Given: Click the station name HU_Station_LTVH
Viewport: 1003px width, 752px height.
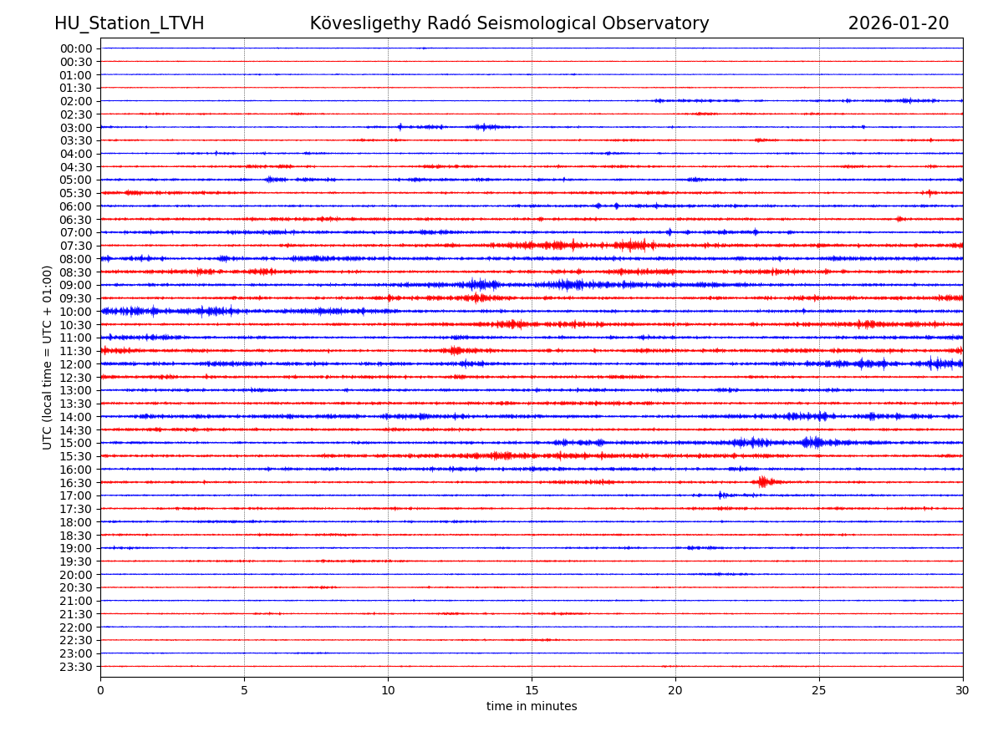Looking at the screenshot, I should pyautogui.click(x=129, y=23).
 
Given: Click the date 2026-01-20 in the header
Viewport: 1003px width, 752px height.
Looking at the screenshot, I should pyautogui.click(x=899, y=23).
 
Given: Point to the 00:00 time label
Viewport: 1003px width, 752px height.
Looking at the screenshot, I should pyautogui.click(x=76, y=48).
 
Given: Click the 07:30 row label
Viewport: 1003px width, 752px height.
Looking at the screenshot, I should pyautogui.click(x=76, y=246).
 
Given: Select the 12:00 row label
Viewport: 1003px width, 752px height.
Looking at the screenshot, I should pyautogui.click(x=76, y=364).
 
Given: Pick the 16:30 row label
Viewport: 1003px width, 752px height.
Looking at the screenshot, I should pyautogui.click(x=76, y=482).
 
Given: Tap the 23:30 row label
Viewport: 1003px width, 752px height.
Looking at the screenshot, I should pyautogui.click(x=76, y=667).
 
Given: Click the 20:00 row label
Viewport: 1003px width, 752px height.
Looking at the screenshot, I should pyautogui.click(x=76, y=575).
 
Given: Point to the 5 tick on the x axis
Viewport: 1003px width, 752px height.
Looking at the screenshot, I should pyautogui.click(x=244, y=691).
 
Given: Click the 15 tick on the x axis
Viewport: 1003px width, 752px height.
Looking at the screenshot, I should pyautogui.click(x=532, y=691).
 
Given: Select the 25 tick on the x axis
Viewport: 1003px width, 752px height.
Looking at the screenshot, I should pyautogui.click(x=819, y=691).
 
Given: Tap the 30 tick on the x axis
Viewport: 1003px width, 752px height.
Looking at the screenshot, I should pyautogui.click(x=963, y=691).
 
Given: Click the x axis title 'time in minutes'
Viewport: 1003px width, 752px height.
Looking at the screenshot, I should pyautogui.click(x=532, y=707).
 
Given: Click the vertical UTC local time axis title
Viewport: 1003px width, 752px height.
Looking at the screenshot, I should pyautogui.click(x=48, y=357).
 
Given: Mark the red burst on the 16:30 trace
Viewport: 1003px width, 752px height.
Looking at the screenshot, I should pyautogui.click(x=764, y=481).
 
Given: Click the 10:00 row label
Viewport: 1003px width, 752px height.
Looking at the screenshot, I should pyautogui.click(x=76, y=312).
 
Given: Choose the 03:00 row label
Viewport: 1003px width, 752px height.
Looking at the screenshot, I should pyautogui.click(x=76, y=127).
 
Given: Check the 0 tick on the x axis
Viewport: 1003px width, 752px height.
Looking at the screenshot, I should pyautogui.click(x=100, y=691).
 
